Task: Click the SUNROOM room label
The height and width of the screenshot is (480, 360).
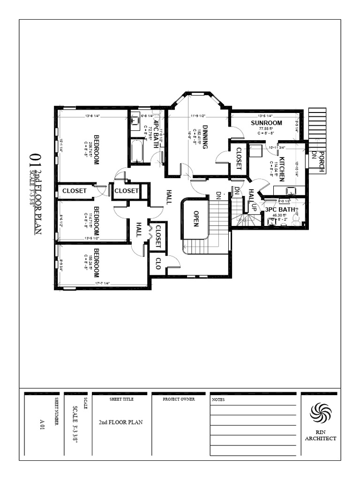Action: (266, 123)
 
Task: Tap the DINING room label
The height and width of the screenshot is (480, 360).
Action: (205, 139)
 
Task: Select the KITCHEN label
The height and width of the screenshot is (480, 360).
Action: (282, 169)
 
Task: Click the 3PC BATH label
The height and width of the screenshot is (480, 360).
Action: (279, 210)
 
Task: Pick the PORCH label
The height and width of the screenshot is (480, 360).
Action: (322, 162)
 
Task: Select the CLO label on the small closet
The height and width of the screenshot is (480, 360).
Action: (158, 263)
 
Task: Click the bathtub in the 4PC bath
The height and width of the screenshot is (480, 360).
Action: (137, 151)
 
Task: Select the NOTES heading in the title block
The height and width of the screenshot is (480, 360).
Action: (218, 400)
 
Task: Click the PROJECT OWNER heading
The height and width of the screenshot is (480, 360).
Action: (179, 399)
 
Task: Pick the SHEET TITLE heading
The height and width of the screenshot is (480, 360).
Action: (121, 399)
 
